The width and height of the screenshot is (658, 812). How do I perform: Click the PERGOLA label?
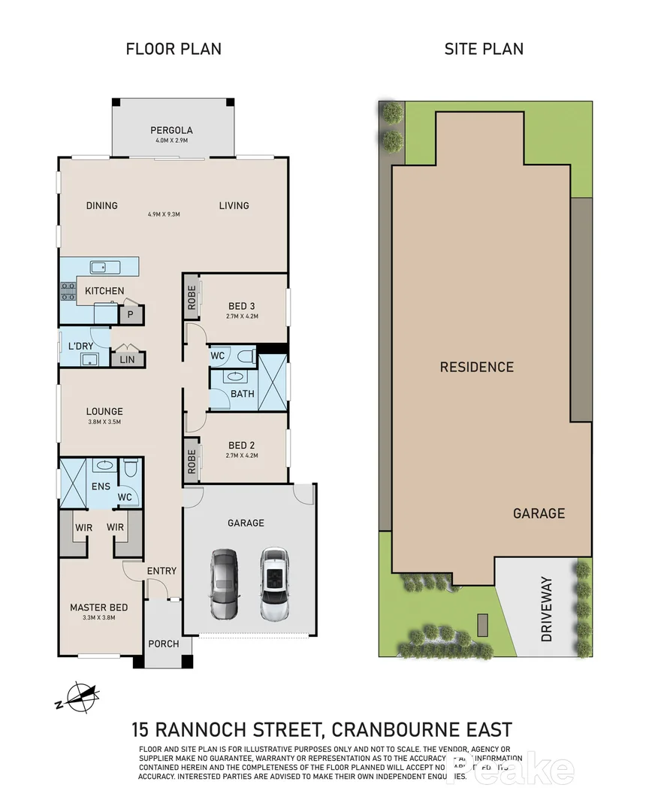[x=172, y=129]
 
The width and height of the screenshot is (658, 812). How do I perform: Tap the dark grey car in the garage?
[x=223, y=583]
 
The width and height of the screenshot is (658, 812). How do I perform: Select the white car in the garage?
[x=274, y=583]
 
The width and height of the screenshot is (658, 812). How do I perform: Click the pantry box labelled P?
[x=130, y=314]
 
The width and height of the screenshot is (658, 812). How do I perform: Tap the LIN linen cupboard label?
[x=127, y=360]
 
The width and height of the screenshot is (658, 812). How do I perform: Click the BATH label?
[x=243, y=393]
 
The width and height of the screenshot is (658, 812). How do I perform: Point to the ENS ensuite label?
[x=101, y=486]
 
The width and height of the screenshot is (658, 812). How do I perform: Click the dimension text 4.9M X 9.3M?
[x=164, y=214]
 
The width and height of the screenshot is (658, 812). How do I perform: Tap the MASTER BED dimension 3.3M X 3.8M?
[x=99, y=617]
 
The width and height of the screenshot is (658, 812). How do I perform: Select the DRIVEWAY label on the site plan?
[x=546, y=609]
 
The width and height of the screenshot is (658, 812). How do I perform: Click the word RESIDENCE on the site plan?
[x=477, y=367]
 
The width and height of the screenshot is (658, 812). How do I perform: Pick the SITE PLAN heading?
[x=484, y=49]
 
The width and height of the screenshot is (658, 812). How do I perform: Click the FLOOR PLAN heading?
[x=174, y=50]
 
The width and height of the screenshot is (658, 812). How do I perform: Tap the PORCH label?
[x=164, y=644]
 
